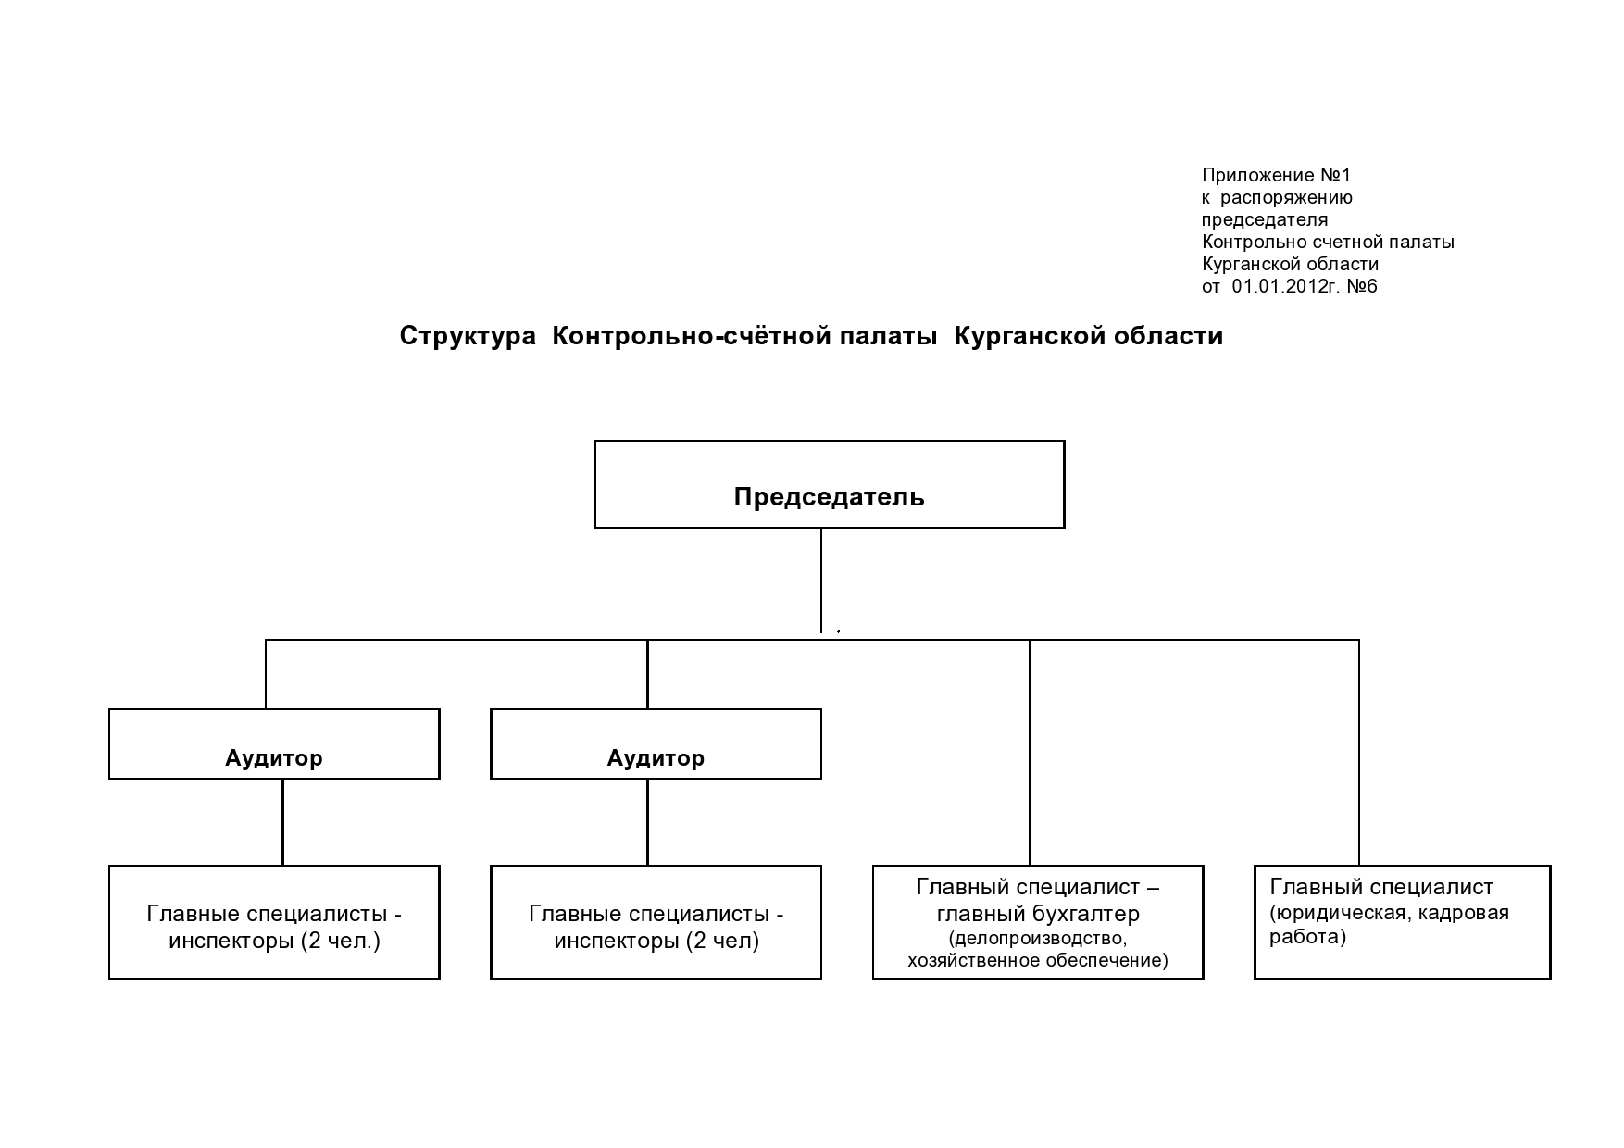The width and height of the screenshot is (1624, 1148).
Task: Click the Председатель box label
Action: coord(829,497)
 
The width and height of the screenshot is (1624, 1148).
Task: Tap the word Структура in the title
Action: coord(468,336)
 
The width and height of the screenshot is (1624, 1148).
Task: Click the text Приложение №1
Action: coord(1277,175)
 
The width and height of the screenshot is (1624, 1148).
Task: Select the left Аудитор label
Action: coord(274,759)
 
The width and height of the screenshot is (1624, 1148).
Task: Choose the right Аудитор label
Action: coord(656,759)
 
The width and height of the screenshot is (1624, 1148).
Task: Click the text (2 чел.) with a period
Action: coord(341,942)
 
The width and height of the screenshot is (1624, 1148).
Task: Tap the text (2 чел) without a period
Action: coord(722,942)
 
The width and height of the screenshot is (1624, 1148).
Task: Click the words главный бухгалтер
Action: coord(1038,914)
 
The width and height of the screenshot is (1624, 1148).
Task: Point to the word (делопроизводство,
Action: coord(1038,938)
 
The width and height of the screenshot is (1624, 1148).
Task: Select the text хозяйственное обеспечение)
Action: coord(1038,960)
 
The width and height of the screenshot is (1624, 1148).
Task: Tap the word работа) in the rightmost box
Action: coord(1308,937)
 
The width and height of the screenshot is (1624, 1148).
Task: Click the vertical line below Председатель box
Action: coord(821,580)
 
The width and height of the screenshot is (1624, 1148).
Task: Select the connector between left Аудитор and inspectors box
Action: coord(282,822)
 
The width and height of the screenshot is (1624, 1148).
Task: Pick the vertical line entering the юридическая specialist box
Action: coord(1359,752)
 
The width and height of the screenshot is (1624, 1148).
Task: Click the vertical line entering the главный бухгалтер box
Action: coord(1030,752)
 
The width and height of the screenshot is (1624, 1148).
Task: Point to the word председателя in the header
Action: coord(1265,220)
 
